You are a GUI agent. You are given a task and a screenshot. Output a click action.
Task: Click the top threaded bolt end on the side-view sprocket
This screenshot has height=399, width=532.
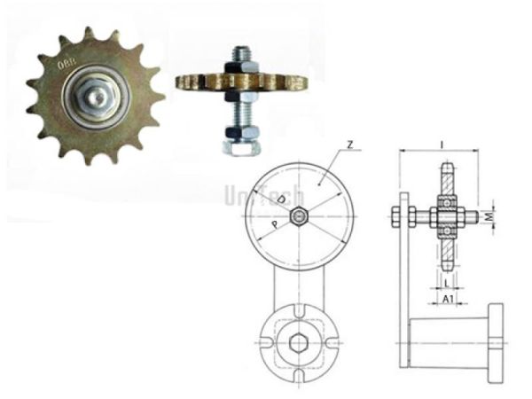tap(239, 53)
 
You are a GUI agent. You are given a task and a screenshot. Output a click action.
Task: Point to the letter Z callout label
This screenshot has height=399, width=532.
tap(351, 145)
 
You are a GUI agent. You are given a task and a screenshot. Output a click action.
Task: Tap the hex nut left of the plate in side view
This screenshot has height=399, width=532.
tap(394, 215)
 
